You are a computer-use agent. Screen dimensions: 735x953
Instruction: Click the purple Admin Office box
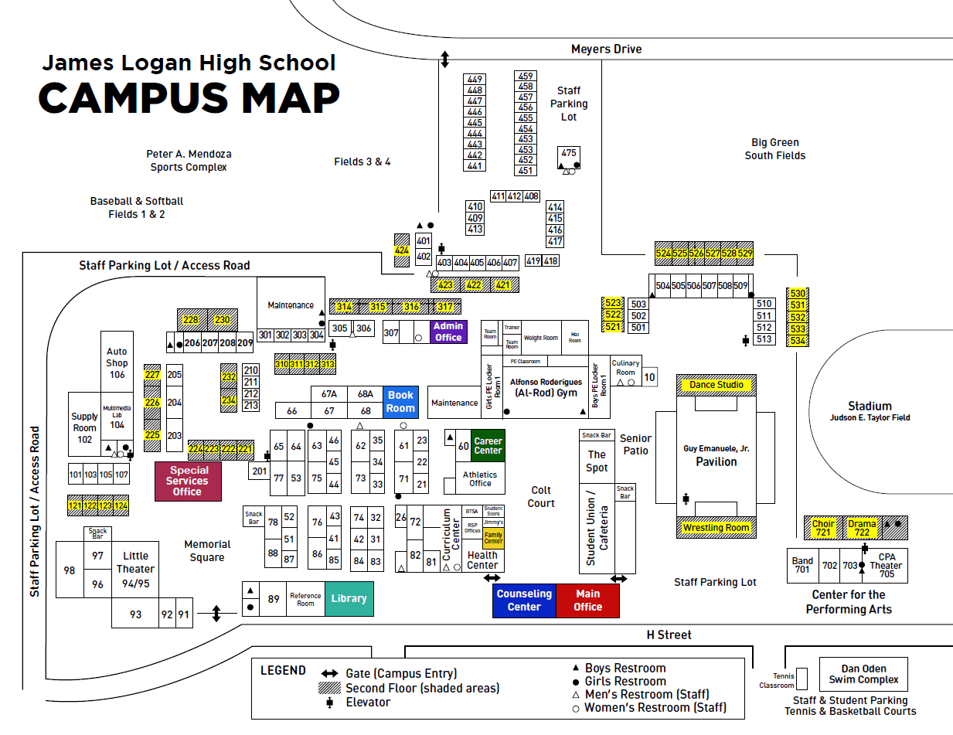(448, 332)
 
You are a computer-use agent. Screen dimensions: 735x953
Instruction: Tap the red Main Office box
(587, 601)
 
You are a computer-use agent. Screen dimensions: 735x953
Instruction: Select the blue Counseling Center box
(524, 601)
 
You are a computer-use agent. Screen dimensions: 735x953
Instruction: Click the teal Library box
(349, 598)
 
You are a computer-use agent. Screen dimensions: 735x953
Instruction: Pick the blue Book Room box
(400, 402)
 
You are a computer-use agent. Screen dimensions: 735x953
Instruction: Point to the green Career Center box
(488, 446)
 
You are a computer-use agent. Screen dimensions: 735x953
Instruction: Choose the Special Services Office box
(189, 481)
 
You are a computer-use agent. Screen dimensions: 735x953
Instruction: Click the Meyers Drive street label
(606, 49)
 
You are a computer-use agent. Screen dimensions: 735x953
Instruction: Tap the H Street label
(669, 635)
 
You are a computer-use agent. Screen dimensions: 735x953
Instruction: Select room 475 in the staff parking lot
(569, 153)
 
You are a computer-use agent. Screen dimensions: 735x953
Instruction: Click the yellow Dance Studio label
(716, 385)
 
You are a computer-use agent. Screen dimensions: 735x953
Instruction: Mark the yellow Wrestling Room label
(716, 528)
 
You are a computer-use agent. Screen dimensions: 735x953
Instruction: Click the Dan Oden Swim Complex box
(863, 674)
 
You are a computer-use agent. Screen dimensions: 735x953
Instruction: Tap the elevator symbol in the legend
(330, 703)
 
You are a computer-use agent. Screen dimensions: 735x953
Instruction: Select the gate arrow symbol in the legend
(330, 673)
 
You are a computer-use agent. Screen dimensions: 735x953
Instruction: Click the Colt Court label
(541, 496)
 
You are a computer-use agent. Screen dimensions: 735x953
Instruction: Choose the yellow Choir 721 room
(823, 528)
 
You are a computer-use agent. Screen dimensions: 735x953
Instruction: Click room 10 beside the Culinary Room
(649, 377)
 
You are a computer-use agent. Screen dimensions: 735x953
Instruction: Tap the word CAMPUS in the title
(133, 98)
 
